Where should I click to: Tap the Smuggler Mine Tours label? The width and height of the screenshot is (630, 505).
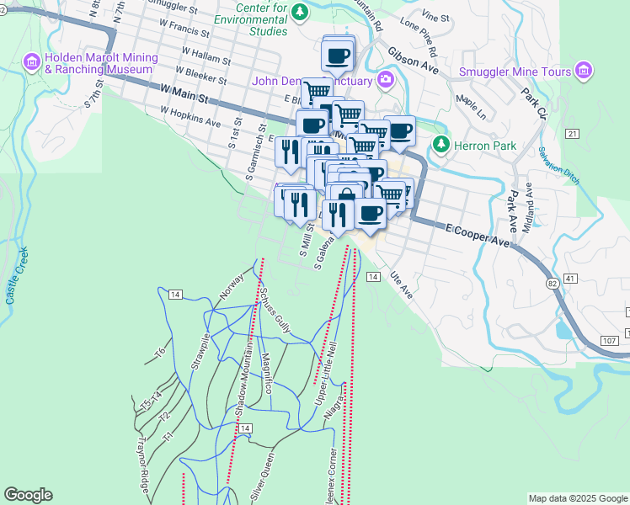(515, 72)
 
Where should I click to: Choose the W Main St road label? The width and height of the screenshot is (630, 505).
(182, 89)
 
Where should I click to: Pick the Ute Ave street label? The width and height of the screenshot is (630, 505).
(401, 285)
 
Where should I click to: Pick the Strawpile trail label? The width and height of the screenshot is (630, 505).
(199, 359)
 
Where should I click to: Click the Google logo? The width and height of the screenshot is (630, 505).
(28, 494)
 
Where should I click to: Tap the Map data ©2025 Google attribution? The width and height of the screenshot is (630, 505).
(578, 498)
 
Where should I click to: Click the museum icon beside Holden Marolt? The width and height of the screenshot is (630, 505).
(32, 61)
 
